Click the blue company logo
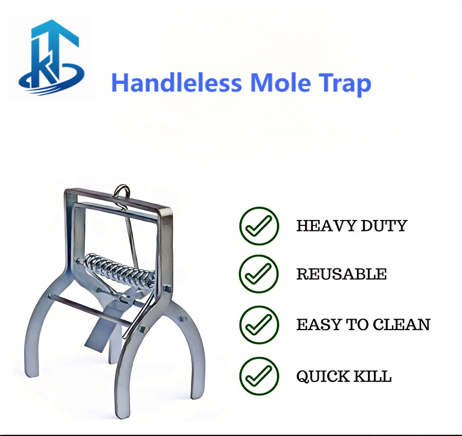[x=51, y=57]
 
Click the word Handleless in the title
[x=177, y=83]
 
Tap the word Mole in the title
[x=280, y=83]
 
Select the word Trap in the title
[x=345, y=84]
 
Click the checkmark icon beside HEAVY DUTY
[x=259, y=226]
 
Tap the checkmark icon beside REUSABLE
[x=259, y=274]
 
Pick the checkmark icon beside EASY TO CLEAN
[x=259, y=325]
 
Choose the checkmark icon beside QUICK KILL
[x=259, y=376]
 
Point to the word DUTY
[x=384, y=226]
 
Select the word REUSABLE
[x=341, y=274]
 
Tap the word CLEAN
[x=401, y=325]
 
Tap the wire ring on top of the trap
[x=122, y=192]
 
